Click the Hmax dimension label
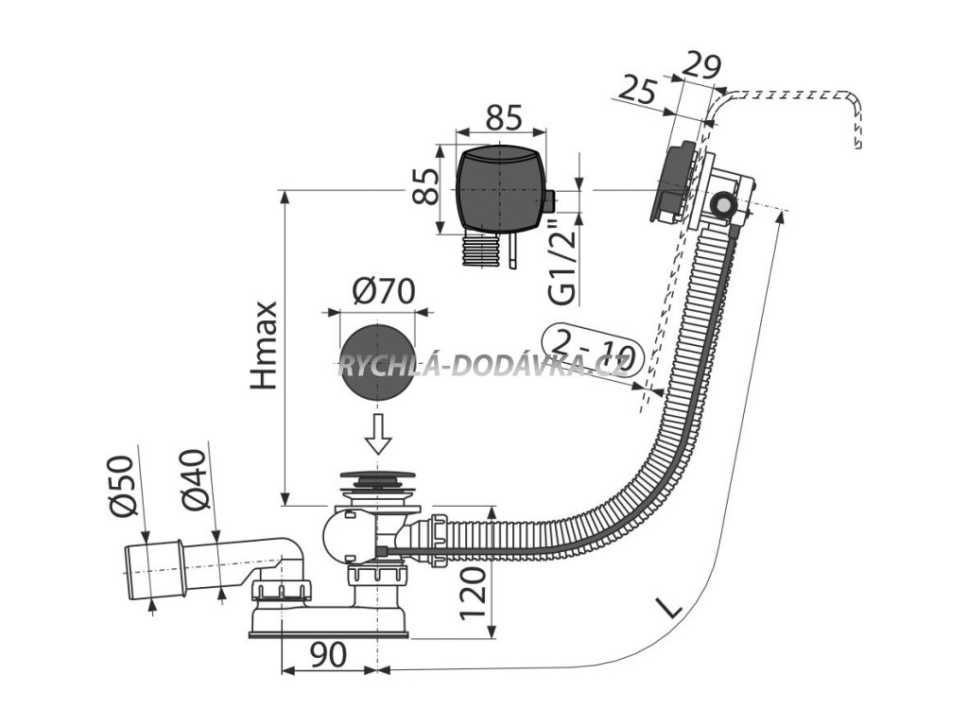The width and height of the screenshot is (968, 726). [x=265, y=346]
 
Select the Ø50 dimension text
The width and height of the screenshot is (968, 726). [x=122, y=486]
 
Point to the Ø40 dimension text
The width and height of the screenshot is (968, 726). [x=194, y=480]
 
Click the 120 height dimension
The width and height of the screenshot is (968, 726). [x=473, y=594]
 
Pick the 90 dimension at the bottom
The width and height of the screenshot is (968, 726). [x=328, y=654]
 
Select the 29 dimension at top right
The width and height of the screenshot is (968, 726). [x=702, y=65]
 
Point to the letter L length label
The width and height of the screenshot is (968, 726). [x=669, y=609]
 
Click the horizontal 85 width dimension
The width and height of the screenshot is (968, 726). [x=504, y=117]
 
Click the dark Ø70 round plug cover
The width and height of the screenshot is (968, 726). [x=376, y=362]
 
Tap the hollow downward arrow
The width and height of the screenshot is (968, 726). [x=377, y=434]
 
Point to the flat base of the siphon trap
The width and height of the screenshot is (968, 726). [x=328, y=633]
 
